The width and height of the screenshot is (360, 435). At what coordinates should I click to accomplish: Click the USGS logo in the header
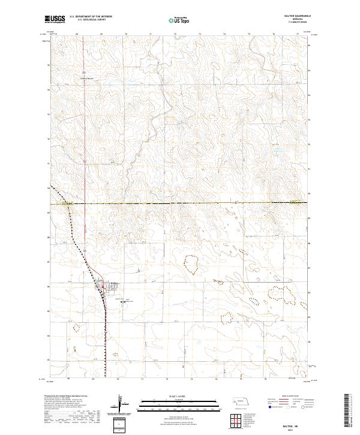click(x=55, y=19)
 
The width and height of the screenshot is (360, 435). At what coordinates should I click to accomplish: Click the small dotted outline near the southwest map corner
click(x=76, y=328)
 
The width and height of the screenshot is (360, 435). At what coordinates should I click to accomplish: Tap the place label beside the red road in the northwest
click(x=88, y=77)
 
